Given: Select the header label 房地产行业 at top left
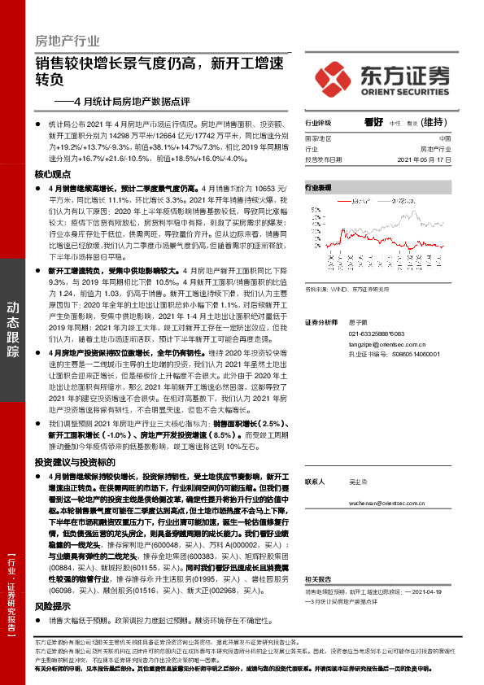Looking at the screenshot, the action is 67,41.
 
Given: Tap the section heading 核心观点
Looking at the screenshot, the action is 53,175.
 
